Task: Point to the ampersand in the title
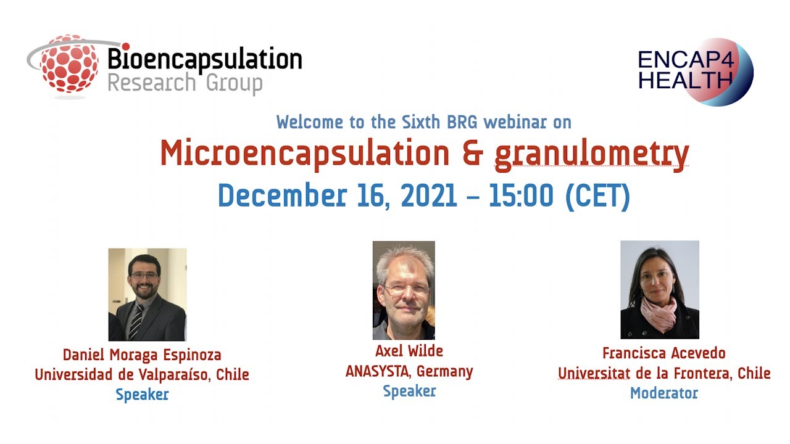[472, 154]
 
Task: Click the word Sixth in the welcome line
[407, 122]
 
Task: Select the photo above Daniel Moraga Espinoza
[148, 294]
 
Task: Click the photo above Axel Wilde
[404, 290]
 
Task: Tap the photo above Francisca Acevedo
[660, 289]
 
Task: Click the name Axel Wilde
[409, 351]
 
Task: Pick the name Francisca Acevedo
[664, 353]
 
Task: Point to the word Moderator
[664, 393]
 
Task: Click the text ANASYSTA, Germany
[409, 372]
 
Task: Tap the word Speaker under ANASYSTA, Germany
[409, 391]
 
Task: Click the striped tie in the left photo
[136, 321]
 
